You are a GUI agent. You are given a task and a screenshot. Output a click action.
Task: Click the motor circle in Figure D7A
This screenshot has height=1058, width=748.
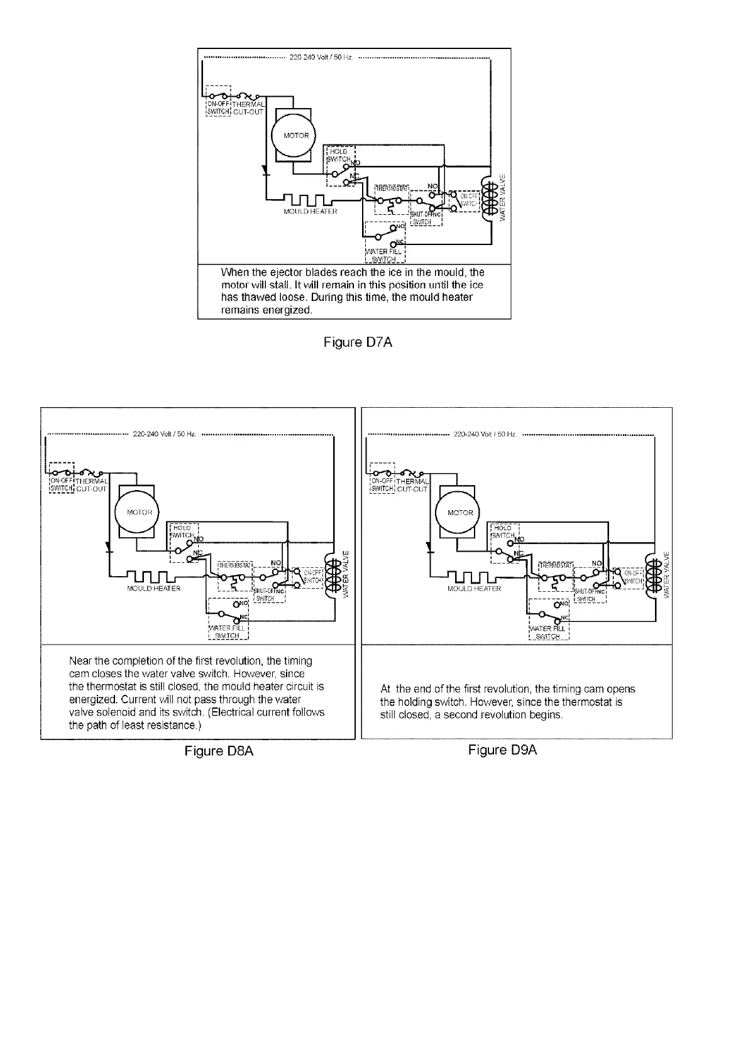[296, 135]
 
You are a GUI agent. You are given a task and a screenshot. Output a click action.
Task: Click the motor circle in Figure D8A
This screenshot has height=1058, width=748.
[137, 512]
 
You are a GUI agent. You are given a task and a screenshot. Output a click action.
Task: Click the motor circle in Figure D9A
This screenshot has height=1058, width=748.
[460, 513]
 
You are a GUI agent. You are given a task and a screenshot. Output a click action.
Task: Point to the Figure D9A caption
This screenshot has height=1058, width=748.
[503, 750]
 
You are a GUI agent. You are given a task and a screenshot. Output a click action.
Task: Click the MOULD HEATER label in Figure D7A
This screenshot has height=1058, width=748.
[311, 212]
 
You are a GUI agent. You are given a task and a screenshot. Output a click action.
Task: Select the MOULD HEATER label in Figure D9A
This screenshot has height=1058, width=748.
[474, 589]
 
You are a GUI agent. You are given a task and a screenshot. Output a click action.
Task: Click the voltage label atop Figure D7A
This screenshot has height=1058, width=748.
[322, 58]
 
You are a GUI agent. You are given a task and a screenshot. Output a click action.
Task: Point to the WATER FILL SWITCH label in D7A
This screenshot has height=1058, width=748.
[384, 255]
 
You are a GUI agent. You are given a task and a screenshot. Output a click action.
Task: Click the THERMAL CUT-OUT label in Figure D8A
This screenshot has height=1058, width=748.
[92, 485]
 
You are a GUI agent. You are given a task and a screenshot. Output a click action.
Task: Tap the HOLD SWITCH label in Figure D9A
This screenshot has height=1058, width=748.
[503, 532]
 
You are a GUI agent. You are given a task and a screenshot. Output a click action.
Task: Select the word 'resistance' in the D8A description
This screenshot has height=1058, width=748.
[174, 725]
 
